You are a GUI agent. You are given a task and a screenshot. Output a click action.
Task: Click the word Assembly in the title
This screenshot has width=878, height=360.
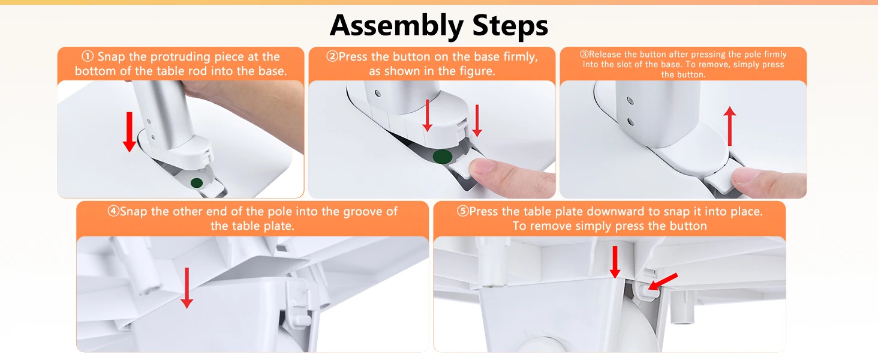point(396,26)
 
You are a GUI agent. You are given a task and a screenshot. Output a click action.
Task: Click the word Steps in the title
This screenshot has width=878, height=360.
point(510,25)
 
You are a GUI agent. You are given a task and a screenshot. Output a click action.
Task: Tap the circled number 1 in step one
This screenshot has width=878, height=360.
point(88,56)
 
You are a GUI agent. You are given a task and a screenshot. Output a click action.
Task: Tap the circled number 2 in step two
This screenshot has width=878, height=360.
point(332,56)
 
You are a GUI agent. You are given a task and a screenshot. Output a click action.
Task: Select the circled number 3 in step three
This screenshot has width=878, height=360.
point(584,54)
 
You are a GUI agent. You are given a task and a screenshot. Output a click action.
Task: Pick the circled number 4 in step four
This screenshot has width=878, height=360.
point(113,211)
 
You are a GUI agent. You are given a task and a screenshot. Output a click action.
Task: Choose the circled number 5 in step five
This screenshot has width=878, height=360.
point(462,211)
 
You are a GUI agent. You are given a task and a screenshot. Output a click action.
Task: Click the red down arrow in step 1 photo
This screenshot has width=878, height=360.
point(130,132)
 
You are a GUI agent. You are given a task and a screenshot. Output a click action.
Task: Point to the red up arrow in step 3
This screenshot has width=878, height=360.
point(729,126)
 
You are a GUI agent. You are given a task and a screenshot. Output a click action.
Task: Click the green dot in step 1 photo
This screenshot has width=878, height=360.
point(196,183)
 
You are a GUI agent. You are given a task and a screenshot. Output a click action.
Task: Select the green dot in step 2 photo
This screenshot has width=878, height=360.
point(443,157)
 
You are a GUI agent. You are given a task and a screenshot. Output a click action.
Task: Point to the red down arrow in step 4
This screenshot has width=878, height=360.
point(187,288)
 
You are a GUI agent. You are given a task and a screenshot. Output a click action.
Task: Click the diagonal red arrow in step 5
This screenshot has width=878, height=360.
point(663,281)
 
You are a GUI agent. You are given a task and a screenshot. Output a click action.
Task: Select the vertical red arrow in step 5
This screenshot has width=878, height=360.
point(615,262)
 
